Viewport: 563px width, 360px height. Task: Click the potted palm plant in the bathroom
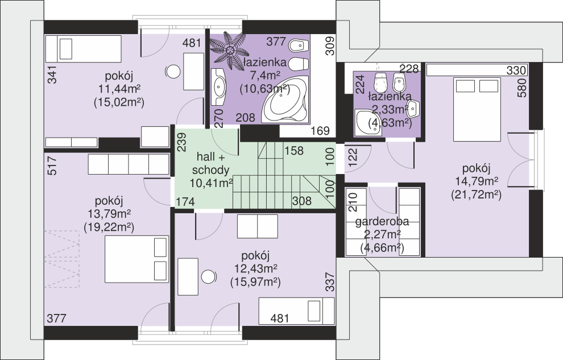[x=228, y=48]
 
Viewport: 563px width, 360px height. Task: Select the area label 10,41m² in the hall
[x=211, y=183]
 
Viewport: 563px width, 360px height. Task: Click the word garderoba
[x=382, y=221]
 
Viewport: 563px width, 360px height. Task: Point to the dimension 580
[x=523, y=88]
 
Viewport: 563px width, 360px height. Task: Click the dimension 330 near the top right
[x=516, y=71]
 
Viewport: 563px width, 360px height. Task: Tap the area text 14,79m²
[x=476, y=181]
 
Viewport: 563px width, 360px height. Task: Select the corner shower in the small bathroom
[x=368, y=123]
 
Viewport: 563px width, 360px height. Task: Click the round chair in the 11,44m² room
[x=173, y=72]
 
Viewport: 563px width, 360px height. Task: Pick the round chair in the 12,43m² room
[x=208, y=277]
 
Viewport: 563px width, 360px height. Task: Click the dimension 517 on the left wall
[x=52, y=165]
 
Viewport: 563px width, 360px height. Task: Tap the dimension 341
[x=52, y=75]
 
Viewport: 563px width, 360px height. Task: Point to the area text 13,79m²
[x=109, y=214]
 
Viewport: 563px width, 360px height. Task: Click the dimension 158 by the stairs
[x=294, y=151]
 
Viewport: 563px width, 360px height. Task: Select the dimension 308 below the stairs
[x=301, y=201]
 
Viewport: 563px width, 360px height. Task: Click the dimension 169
[x=320, y=131]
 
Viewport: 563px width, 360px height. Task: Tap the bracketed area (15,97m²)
[x=255, y=282]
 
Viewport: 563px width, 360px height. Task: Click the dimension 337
[x=329, y=282]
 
